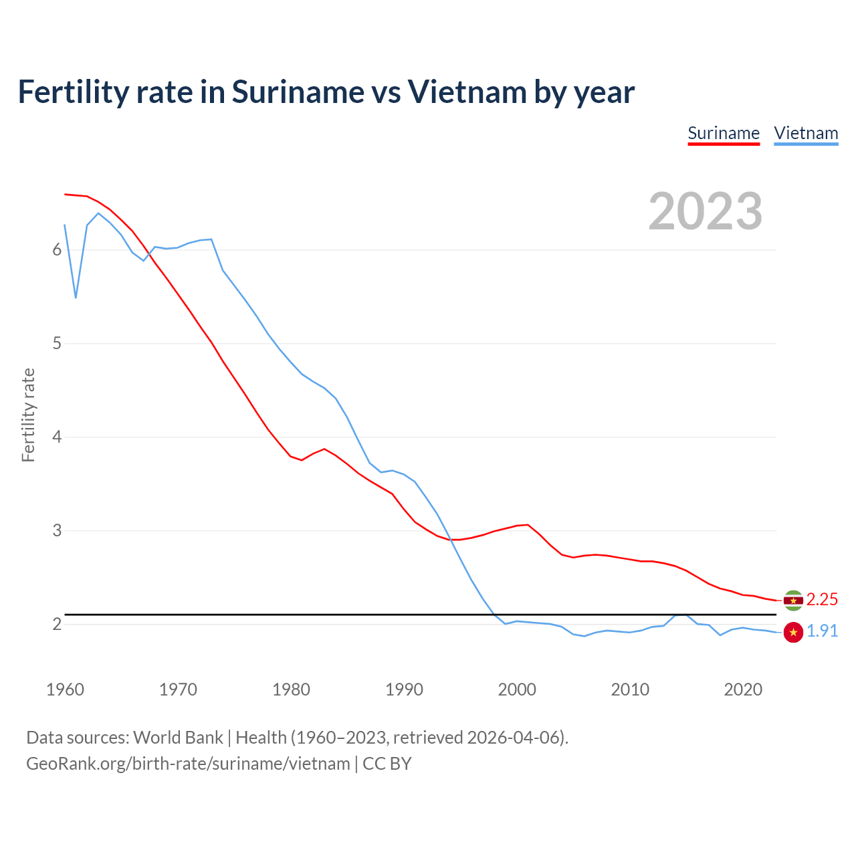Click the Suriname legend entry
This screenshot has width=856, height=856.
(724, 133)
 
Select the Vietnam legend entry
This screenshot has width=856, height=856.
(806, 133)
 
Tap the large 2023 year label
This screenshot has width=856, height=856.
(706, 211)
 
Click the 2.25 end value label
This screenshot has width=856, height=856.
(822, 600)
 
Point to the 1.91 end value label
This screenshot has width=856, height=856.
(822, 631)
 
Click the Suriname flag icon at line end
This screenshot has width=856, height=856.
(793, 601)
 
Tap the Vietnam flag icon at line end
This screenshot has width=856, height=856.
(793, 632)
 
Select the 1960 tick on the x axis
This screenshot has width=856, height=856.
(65, 689)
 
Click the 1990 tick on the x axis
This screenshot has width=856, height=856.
(404, 689)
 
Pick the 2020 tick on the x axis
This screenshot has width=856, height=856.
(743, 689)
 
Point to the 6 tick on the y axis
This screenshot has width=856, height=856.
(57, 250)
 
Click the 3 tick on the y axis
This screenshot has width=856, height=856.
(57, 531)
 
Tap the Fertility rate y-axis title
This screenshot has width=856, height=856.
(28, 415)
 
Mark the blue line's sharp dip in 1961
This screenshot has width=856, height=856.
(76, 298)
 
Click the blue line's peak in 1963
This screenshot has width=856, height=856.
(98, 213)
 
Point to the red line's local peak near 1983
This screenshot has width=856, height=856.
(324, 449)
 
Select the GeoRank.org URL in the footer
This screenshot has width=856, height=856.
(188, 764)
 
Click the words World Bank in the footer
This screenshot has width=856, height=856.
(178, 738)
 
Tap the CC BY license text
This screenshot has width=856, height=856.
(387, 764)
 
